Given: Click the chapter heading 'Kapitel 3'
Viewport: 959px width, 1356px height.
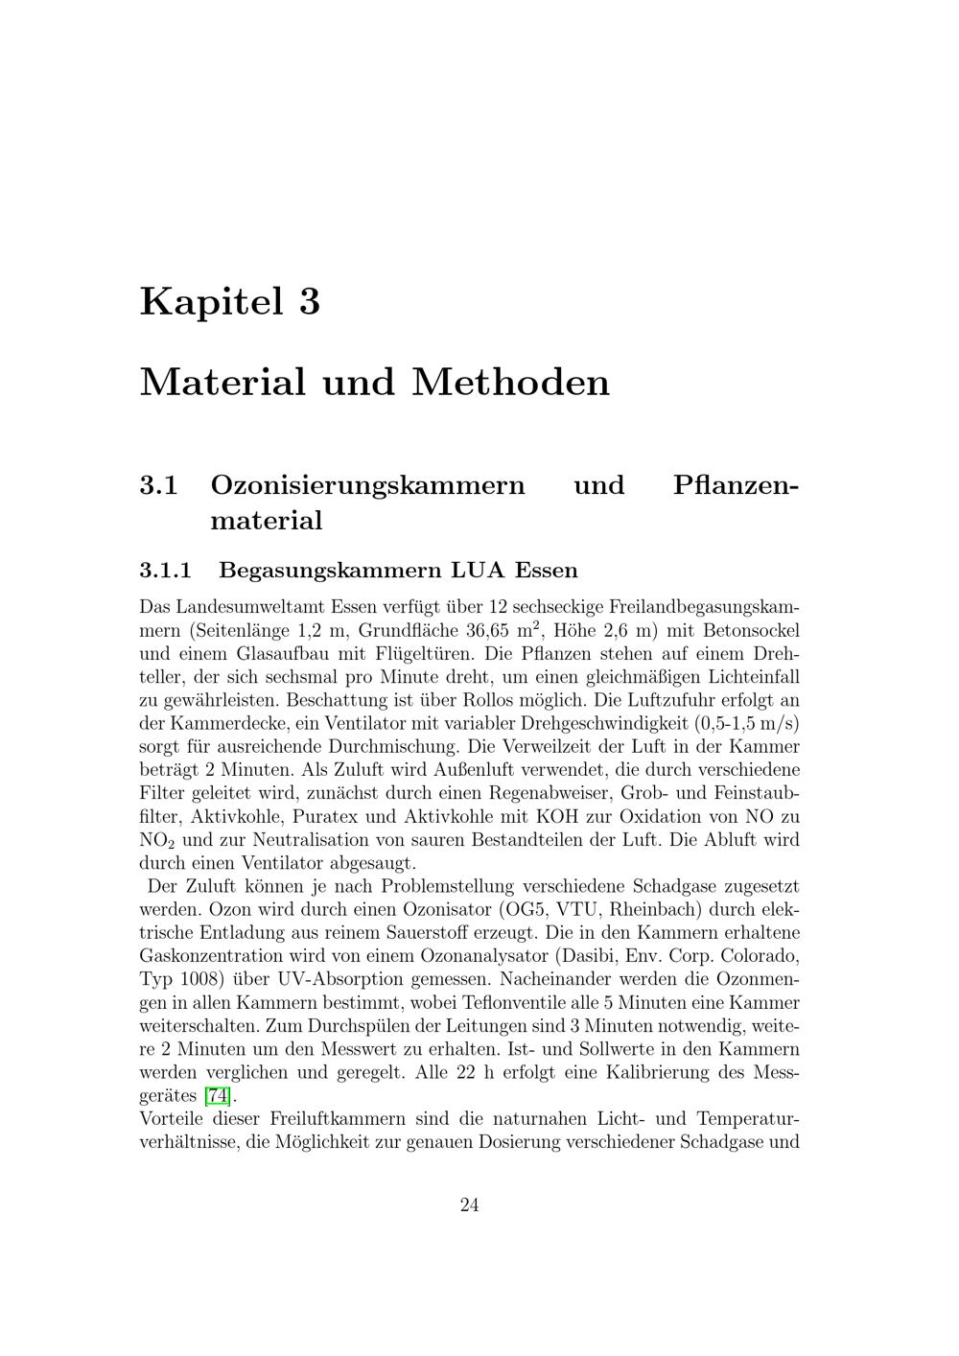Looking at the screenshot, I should click(230, 301).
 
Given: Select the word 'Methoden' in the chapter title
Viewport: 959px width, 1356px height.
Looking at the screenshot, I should click(511, 382).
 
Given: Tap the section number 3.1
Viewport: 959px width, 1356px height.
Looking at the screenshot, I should click(159, 485).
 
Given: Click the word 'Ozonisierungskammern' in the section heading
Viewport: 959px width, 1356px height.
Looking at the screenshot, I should click(367, 485).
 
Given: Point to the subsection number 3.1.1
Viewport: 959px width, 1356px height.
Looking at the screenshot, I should click(166, 571).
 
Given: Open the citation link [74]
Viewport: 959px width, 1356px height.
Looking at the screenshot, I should click(218, 1096).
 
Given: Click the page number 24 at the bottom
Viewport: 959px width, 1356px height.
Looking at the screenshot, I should click(470, 1205).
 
